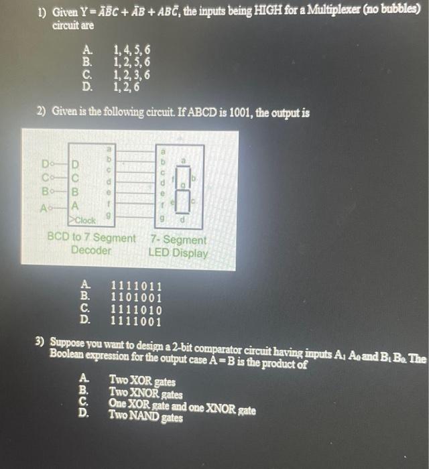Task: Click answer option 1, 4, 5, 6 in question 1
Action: coord(132,49)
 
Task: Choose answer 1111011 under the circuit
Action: coord(135,285)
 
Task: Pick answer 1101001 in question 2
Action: coord(135,296)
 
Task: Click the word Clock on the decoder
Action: coord(86,220)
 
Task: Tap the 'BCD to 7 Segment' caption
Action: coord(91,238)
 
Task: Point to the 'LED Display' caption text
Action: coord(178,253)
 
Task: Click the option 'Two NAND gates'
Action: coord(145,416)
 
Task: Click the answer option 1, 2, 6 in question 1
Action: coord(127,86)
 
